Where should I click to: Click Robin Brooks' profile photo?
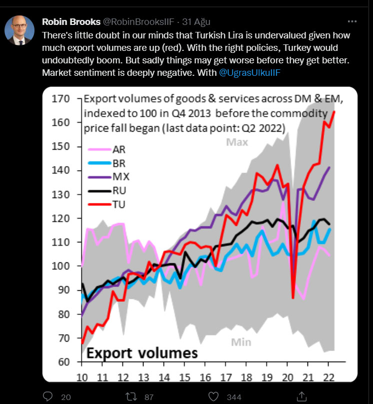click(x=19, y=30)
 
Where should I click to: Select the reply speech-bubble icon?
click(x=48, y=397)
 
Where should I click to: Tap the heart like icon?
click(x=213, y=397)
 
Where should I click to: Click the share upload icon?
click(x=301, y=397)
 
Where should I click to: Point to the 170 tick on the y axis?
click(x=60, y=99)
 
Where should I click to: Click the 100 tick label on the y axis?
click(x=60, y=266)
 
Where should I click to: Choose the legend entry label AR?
click(x=119, y=149)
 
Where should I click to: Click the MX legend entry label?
click(x=120, y=176)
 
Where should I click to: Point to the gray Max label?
click(x=237, y=143)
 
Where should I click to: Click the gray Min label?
click(x=240, y=342)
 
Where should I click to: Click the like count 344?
click(x=233, y=397)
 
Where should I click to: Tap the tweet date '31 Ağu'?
click(x=196, y=22)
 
